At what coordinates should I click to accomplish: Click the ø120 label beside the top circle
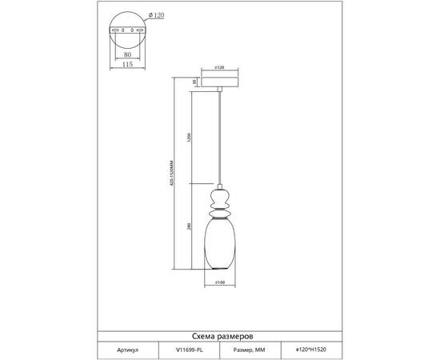pyautogui.click(x=158, y=17)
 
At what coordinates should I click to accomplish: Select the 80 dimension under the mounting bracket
pyautogui.click(x=128, y=56)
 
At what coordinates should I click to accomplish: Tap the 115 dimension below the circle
pyautogui.click(x=128, y=66)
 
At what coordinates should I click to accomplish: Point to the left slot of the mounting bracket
pyautogui.click(x=117, y=31)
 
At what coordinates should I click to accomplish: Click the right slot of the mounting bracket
pyautogui.click(x=139, y=31)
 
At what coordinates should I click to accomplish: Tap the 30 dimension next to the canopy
pyautogui.click(x=194, y=82)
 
